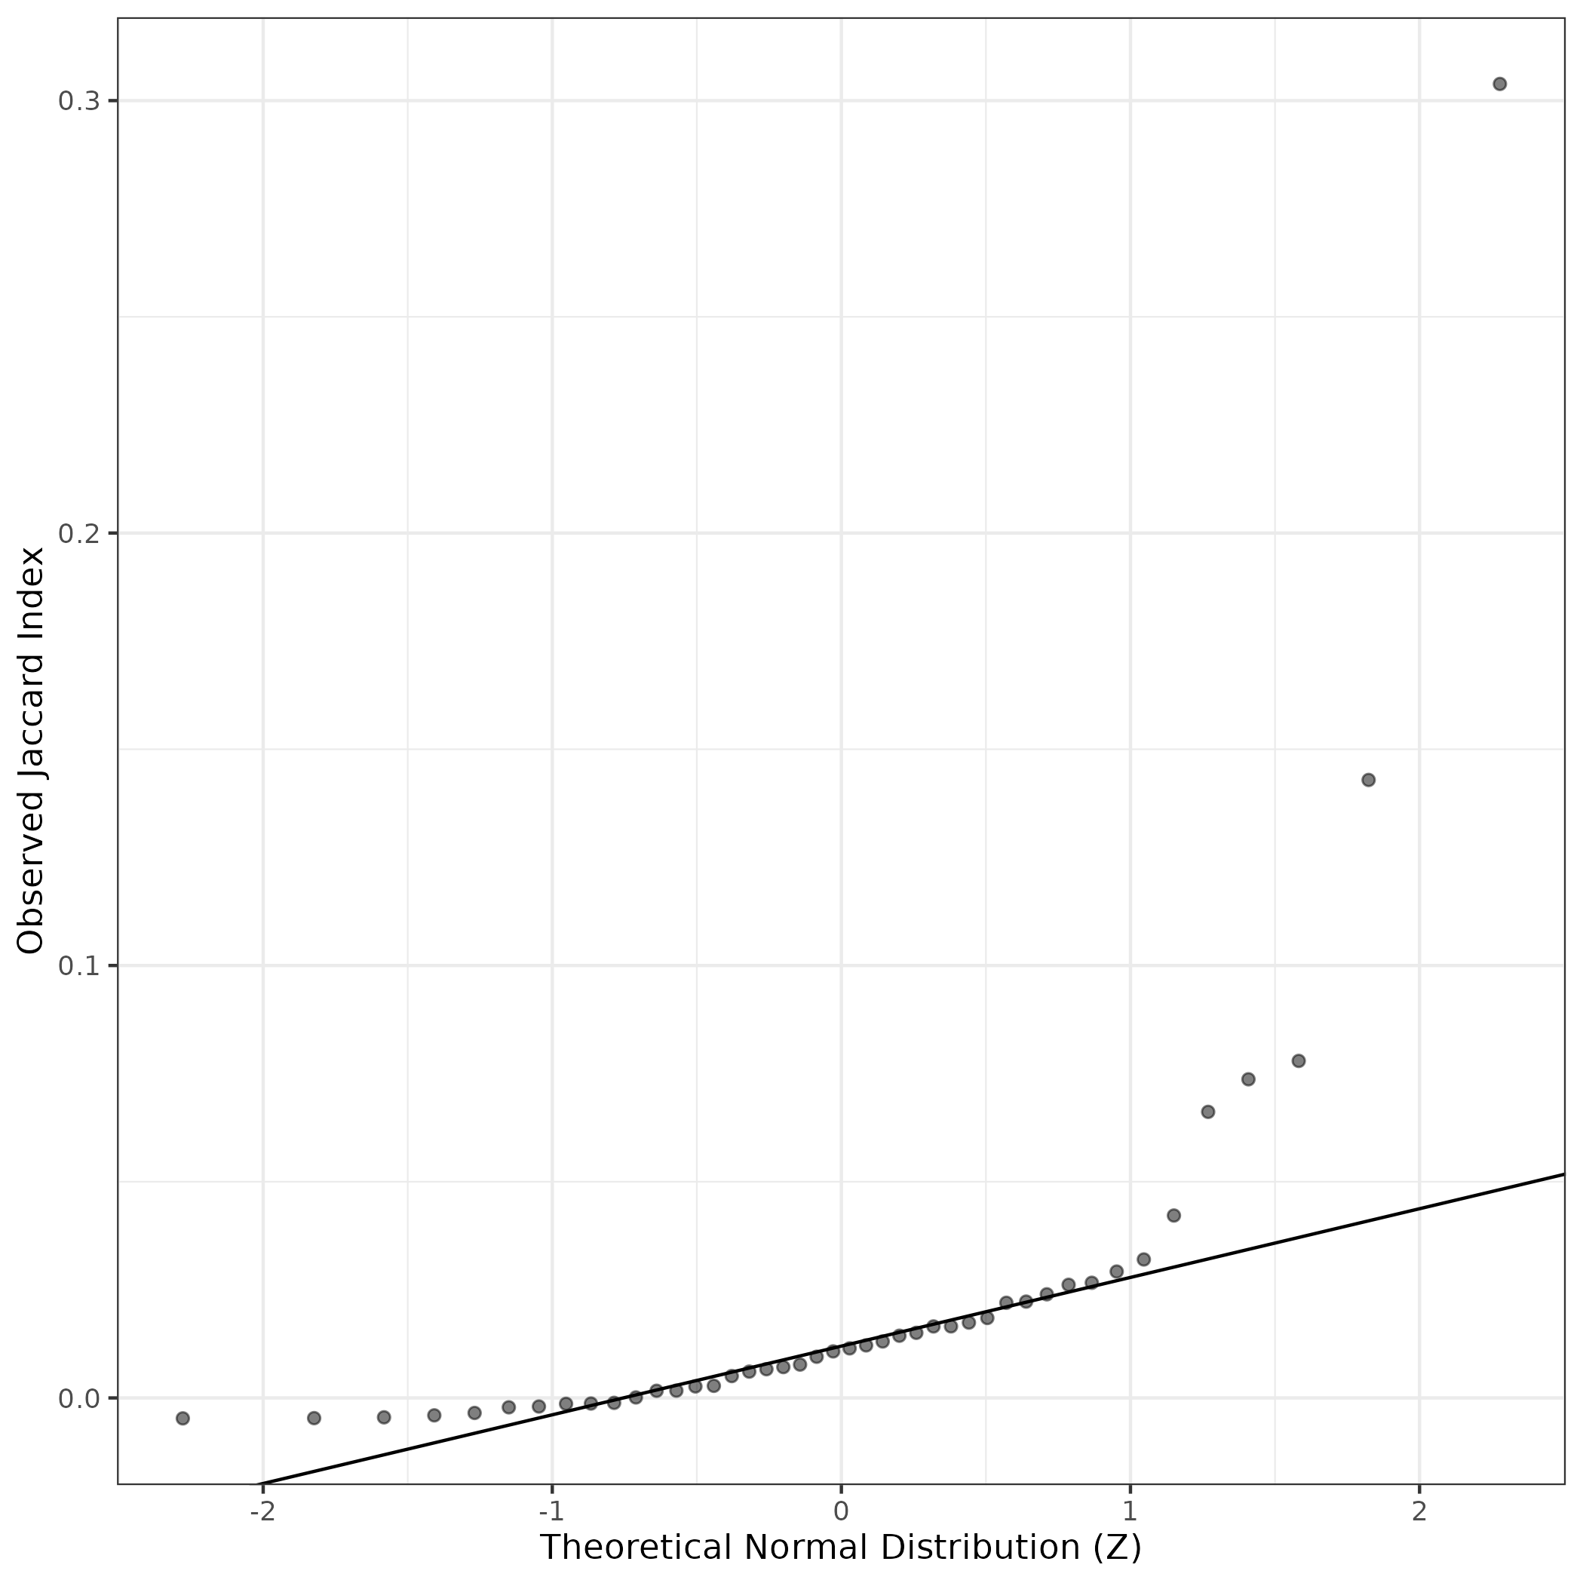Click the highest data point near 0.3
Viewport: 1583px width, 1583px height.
point(1499,84)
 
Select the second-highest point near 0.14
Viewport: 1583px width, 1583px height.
point(1368,779)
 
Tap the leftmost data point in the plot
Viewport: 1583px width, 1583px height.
point(183,1419)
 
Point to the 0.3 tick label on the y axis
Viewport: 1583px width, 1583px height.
point(78,102)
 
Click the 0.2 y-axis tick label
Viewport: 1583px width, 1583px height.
point(78,533)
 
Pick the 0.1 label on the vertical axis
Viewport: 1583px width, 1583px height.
point(78,966)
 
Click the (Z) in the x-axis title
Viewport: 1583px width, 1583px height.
point(1118,1547)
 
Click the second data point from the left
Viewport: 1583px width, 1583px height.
point(314,1419)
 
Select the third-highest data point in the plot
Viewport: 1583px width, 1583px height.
point(1299,1061)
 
